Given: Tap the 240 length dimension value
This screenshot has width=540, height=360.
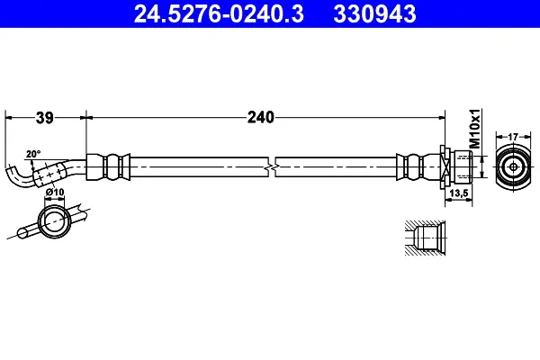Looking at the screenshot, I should point(261,117).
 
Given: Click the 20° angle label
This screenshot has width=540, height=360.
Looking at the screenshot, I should point(33,154).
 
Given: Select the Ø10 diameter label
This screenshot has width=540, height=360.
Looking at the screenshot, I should point(53,191).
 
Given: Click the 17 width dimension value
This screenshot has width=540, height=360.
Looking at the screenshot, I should point(513,138).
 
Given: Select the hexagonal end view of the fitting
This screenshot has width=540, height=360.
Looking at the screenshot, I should point(512,167).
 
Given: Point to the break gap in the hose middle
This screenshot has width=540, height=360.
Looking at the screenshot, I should point(273,167).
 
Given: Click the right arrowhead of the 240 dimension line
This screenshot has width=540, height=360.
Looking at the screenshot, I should point(443,117).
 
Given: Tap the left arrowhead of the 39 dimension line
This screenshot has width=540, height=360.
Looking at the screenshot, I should point(9,117).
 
